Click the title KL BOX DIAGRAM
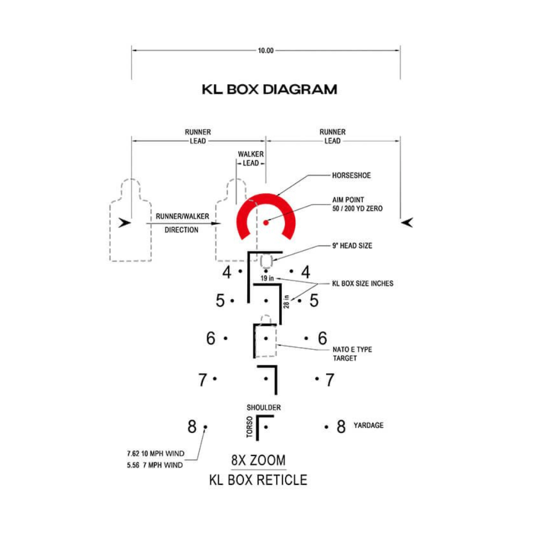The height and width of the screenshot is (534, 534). (269, 89)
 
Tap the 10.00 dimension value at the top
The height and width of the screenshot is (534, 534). (266, 51)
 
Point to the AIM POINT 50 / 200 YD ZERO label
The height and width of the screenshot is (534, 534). (357, 205)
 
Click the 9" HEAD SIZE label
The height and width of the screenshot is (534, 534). (352, 246)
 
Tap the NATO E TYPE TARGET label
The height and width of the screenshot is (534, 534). (352, 354)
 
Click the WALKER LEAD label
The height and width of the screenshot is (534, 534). (250, 159)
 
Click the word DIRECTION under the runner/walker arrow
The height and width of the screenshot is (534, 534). (181, 230)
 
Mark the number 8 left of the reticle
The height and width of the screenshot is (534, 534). (192, 427)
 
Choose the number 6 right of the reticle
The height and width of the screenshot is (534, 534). (323, 339)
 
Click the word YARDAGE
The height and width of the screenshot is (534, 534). (368, 426)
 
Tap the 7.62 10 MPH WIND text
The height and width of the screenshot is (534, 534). (155, 454)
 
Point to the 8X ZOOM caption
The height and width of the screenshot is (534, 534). (258, 460)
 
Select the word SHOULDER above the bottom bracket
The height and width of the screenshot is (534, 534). (263, 407)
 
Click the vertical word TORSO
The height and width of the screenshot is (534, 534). (249, 428)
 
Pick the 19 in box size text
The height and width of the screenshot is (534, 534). (267, 279)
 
